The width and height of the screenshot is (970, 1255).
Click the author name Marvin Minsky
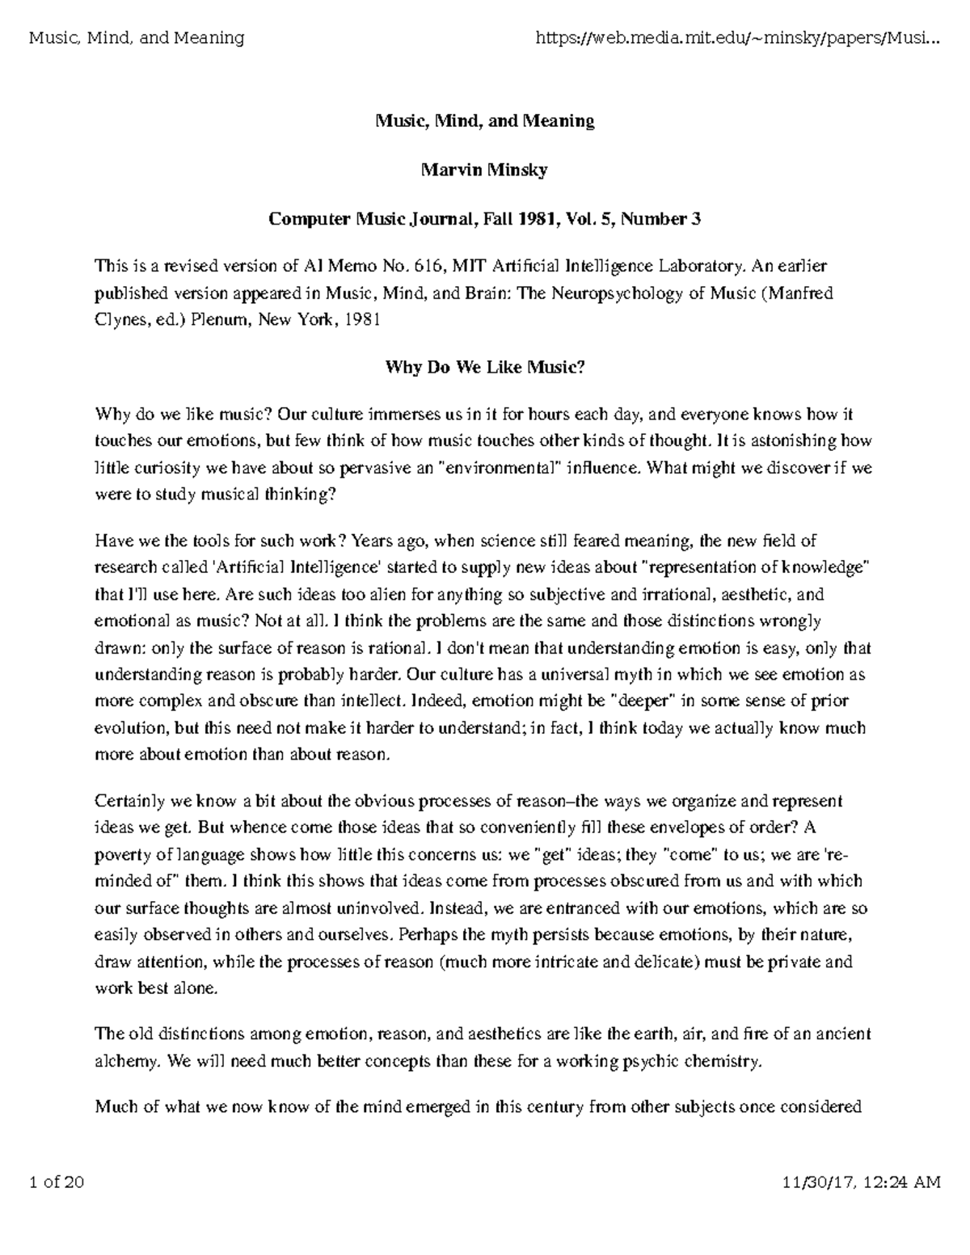(x=484, y=170)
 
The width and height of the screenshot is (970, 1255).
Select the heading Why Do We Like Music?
(x=484, y=368)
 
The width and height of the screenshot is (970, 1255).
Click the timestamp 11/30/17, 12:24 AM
(x=862, y=1183)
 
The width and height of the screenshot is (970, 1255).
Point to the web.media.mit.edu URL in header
(x=738, y=38)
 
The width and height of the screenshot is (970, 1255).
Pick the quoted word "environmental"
(x=498, y=468)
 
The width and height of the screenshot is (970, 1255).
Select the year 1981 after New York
(x=361, y=320)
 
